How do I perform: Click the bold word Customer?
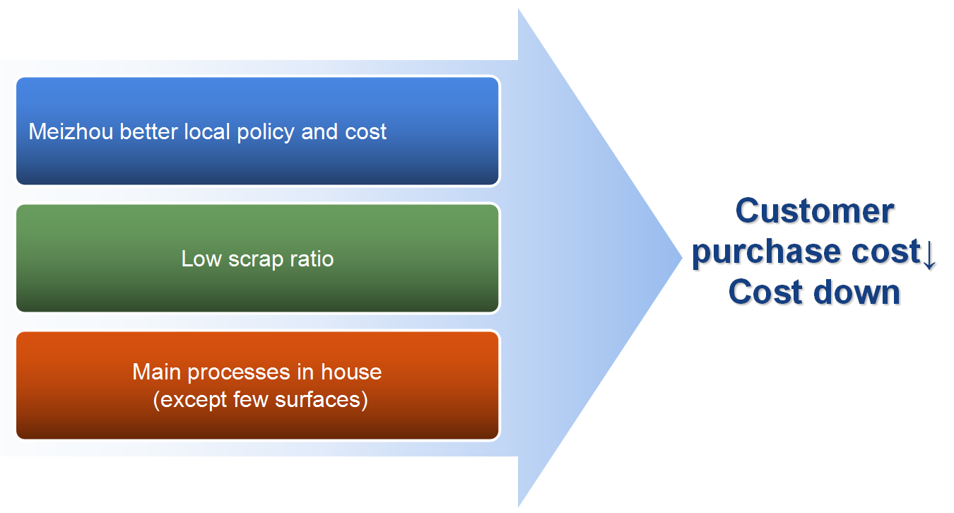[x=815, y=211]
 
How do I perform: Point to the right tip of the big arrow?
[x=681, y=256]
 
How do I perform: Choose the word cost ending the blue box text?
[x=366, y=132]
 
